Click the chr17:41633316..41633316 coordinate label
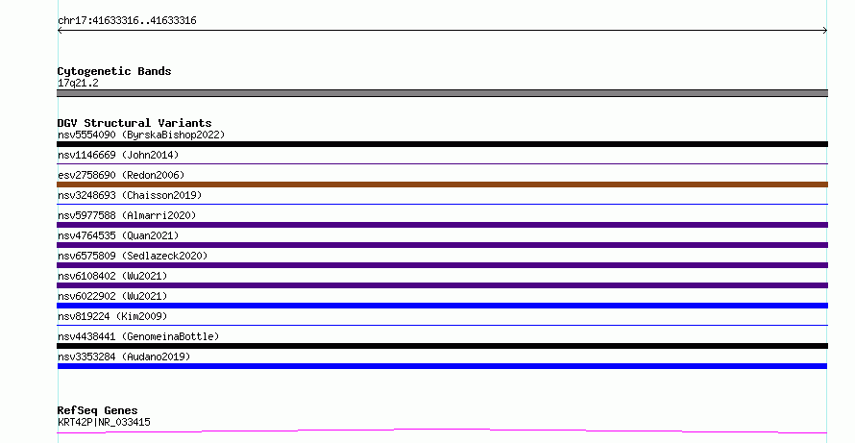click(x=127, y=21)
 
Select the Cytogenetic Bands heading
click(x=114, y=71)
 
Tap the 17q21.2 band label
click(x=78, y=83)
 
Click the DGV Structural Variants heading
click(x=134, y=123)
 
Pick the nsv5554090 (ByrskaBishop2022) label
click(x=141, y=135)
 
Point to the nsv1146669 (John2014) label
click(x=118, y=155)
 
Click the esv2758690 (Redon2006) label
click(x=121, y=175)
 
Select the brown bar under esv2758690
click(x=442, y=185)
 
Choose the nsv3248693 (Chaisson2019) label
click(x=130, y=195)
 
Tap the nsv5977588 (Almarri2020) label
click(x=127, y=215)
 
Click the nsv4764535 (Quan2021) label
click(x=118, y=235)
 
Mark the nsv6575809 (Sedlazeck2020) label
click(x=133, y=256)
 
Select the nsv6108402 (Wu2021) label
click(x=112, y=276)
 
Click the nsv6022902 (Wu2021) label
click(x=112, y=296)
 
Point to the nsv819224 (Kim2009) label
click(x=112, y=316)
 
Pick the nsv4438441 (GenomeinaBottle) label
click(x=138, y=336)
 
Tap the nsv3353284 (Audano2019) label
click(x=124, y=357)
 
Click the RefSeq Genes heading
click(x=98, y=410)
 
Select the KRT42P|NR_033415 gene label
click(x=104, y=422)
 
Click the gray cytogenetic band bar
click(x=442, y=93)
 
